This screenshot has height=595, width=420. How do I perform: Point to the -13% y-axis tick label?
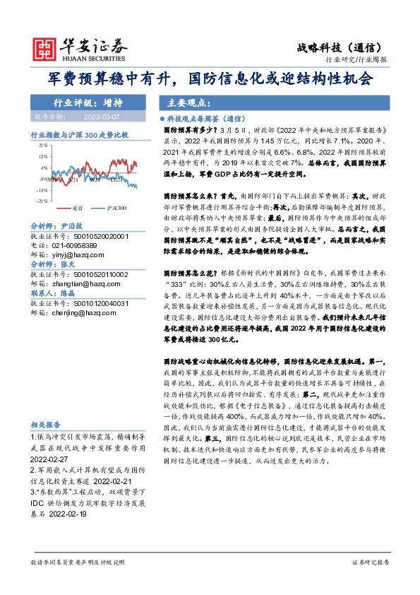pos(42,190)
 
